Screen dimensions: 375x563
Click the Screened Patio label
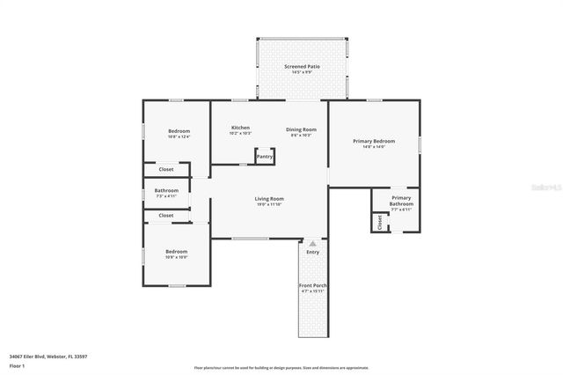pyautogui.click(x=301, y=66)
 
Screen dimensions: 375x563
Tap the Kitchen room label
pyautogui.click(x=241, y=128)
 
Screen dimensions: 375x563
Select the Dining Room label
pyautogui.click(x=301, y=129)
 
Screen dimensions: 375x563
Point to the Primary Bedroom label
pyautogui.click(x=374, y=141)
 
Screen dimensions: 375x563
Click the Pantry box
pyautogui.click(x=265, y=157)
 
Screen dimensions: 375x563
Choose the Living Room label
pyautogui.click(x=269, y=199)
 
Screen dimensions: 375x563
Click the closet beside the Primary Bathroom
pyautogui.click(x=379, y=222)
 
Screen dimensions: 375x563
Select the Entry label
pyautogui.click(x=312, y=253)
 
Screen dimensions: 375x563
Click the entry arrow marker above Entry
pyautogui.click(x=312, y=243)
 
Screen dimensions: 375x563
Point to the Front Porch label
pyautogui.click(x=312, y=286)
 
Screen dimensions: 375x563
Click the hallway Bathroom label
pyautogui.click(x=166, y=190)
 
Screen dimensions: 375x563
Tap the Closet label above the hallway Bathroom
pyautogui.click(x=165, y=169)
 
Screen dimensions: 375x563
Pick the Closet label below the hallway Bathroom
pyautogui.click(x=165, y=215)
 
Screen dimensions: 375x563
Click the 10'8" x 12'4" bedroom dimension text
pyautogui.click(x=179, y=136)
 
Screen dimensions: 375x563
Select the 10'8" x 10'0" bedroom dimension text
pyautogui.click(x=177, y=257)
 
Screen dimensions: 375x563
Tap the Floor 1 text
pyautogui.click(x=17, y=364)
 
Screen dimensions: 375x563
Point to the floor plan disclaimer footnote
pyautogui.click(x=281, y=368)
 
